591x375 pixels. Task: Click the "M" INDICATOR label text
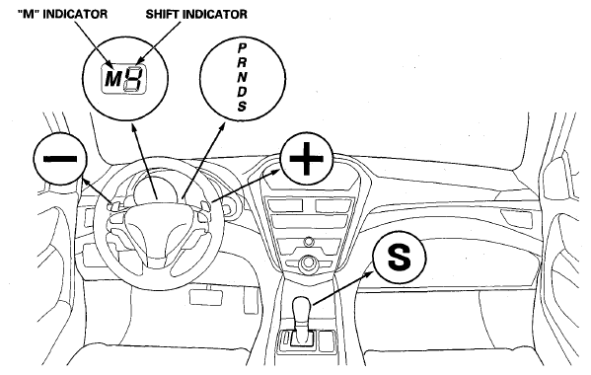point(62,14)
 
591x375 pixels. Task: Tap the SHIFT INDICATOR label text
point(196,14)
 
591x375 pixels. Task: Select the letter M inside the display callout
point(112,79)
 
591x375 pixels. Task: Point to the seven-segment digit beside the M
point(133,78)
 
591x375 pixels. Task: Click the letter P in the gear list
point(242,48)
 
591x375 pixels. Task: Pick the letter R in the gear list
point(242,62)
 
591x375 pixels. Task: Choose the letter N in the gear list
point(242,77)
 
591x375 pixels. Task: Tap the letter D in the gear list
point(242,92)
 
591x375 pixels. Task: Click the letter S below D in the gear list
point(242,106)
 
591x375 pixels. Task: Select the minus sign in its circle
point(60,159)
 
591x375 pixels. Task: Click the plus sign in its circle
point(306,158)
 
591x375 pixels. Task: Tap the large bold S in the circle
point(400,257)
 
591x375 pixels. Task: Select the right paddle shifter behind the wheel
point(205,206)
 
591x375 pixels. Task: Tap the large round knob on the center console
point(308,262)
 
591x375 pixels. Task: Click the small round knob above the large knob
point(309,241)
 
